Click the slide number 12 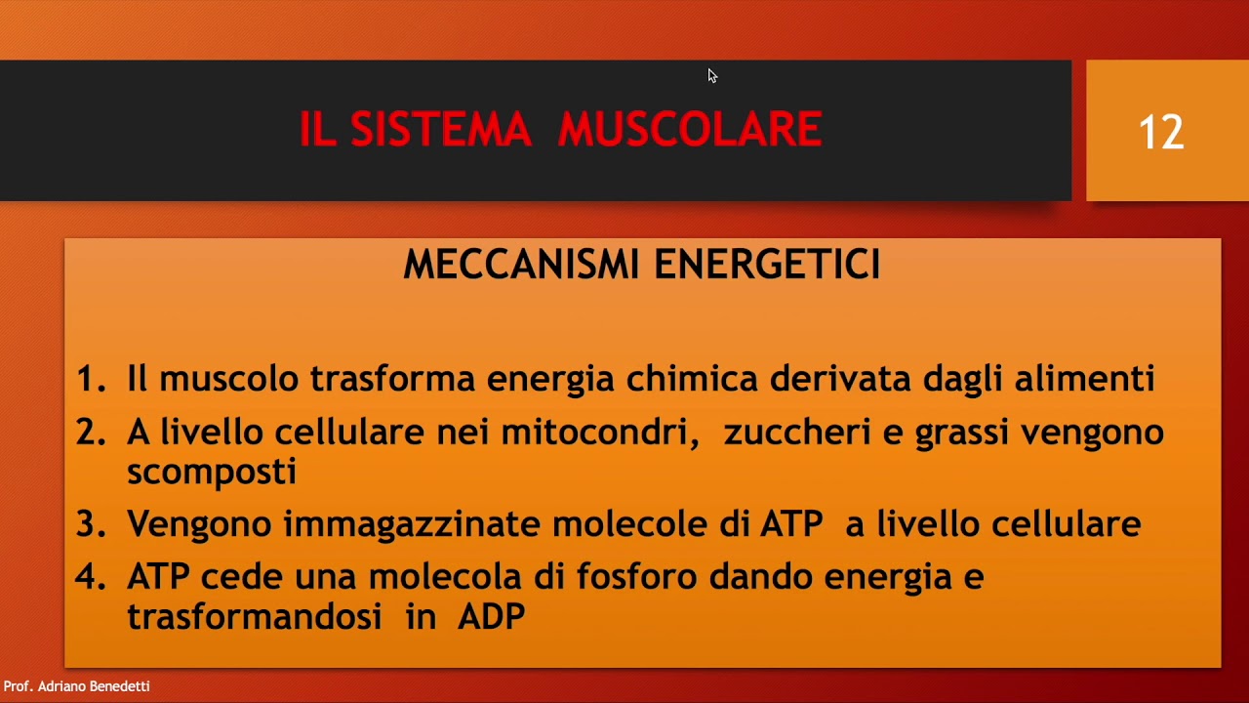1161,132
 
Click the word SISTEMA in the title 440,130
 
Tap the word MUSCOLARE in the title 690,130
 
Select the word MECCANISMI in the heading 521,265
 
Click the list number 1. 90,379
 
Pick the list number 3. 90,524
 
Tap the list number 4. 90,577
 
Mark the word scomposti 212,473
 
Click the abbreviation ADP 491,617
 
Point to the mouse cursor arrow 712,75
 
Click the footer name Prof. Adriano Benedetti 76,686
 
